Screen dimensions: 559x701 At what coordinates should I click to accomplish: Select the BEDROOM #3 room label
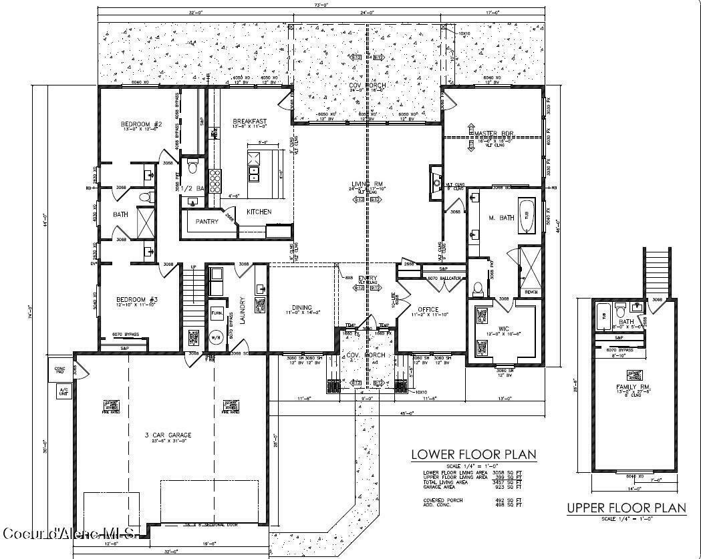[x=136, y=299]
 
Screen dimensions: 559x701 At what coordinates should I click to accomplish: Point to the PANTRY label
[x=207, y=221]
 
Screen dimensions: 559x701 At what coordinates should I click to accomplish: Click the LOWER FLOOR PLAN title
[x=473, y=455]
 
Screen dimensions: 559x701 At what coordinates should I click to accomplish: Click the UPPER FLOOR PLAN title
[x=626, y=508]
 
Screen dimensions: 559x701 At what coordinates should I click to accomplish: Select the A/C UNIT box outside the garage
[x=64, y=391]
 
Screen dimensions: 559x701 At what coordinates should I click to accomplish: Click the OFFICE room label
[x=428, y=309]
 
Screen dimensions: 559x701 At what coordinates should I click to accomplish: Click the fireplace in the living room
[x=435, y=180]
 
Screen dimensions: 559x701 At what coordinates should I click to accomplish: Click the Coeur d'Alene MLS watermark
[x=70, y=533]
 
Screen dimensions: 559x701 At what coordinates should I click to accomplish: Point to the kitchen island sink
[x=254, y=174]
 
